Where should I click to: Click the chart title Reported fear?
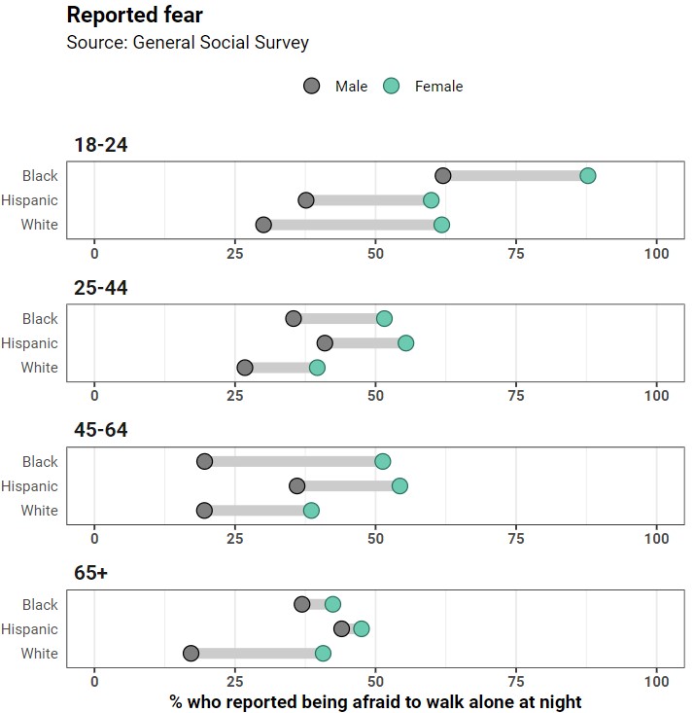[134, 16]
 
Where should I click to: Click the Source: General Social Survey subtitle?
[188, 42]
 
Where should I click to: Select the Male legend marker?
[312, 86]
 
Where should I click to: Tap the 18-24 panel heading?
[101, 146]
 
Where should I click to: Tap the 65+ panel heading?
[91, 574]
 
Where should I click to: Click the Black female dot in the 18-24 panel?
[587, 176]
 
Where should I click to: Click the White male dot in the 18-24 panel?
[263, 225]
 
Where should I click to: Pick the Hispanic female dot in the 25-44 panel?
[405, 343]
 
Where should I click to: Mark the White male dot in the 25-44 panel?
[245, 368]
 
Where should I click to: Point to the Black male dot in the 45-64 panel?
[204, 461]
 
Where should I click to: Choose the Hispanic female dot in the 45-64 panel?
[399, 485]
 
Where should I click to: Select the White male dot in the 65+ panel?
[191, 654]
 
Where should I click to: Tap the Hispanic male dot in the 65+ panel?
[341, 628]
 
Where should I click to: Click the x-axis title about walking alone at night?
[375, 701]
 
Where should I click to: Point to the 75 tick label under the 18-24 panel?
[516, 254]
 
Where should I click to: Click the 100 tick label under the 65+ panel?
[657, 682]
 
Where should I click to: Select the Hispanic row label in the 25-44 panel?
[30, 343]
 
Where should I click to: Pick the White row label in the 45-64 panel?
[40, 511]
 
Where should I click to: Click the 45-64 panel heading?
[101, 431]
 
